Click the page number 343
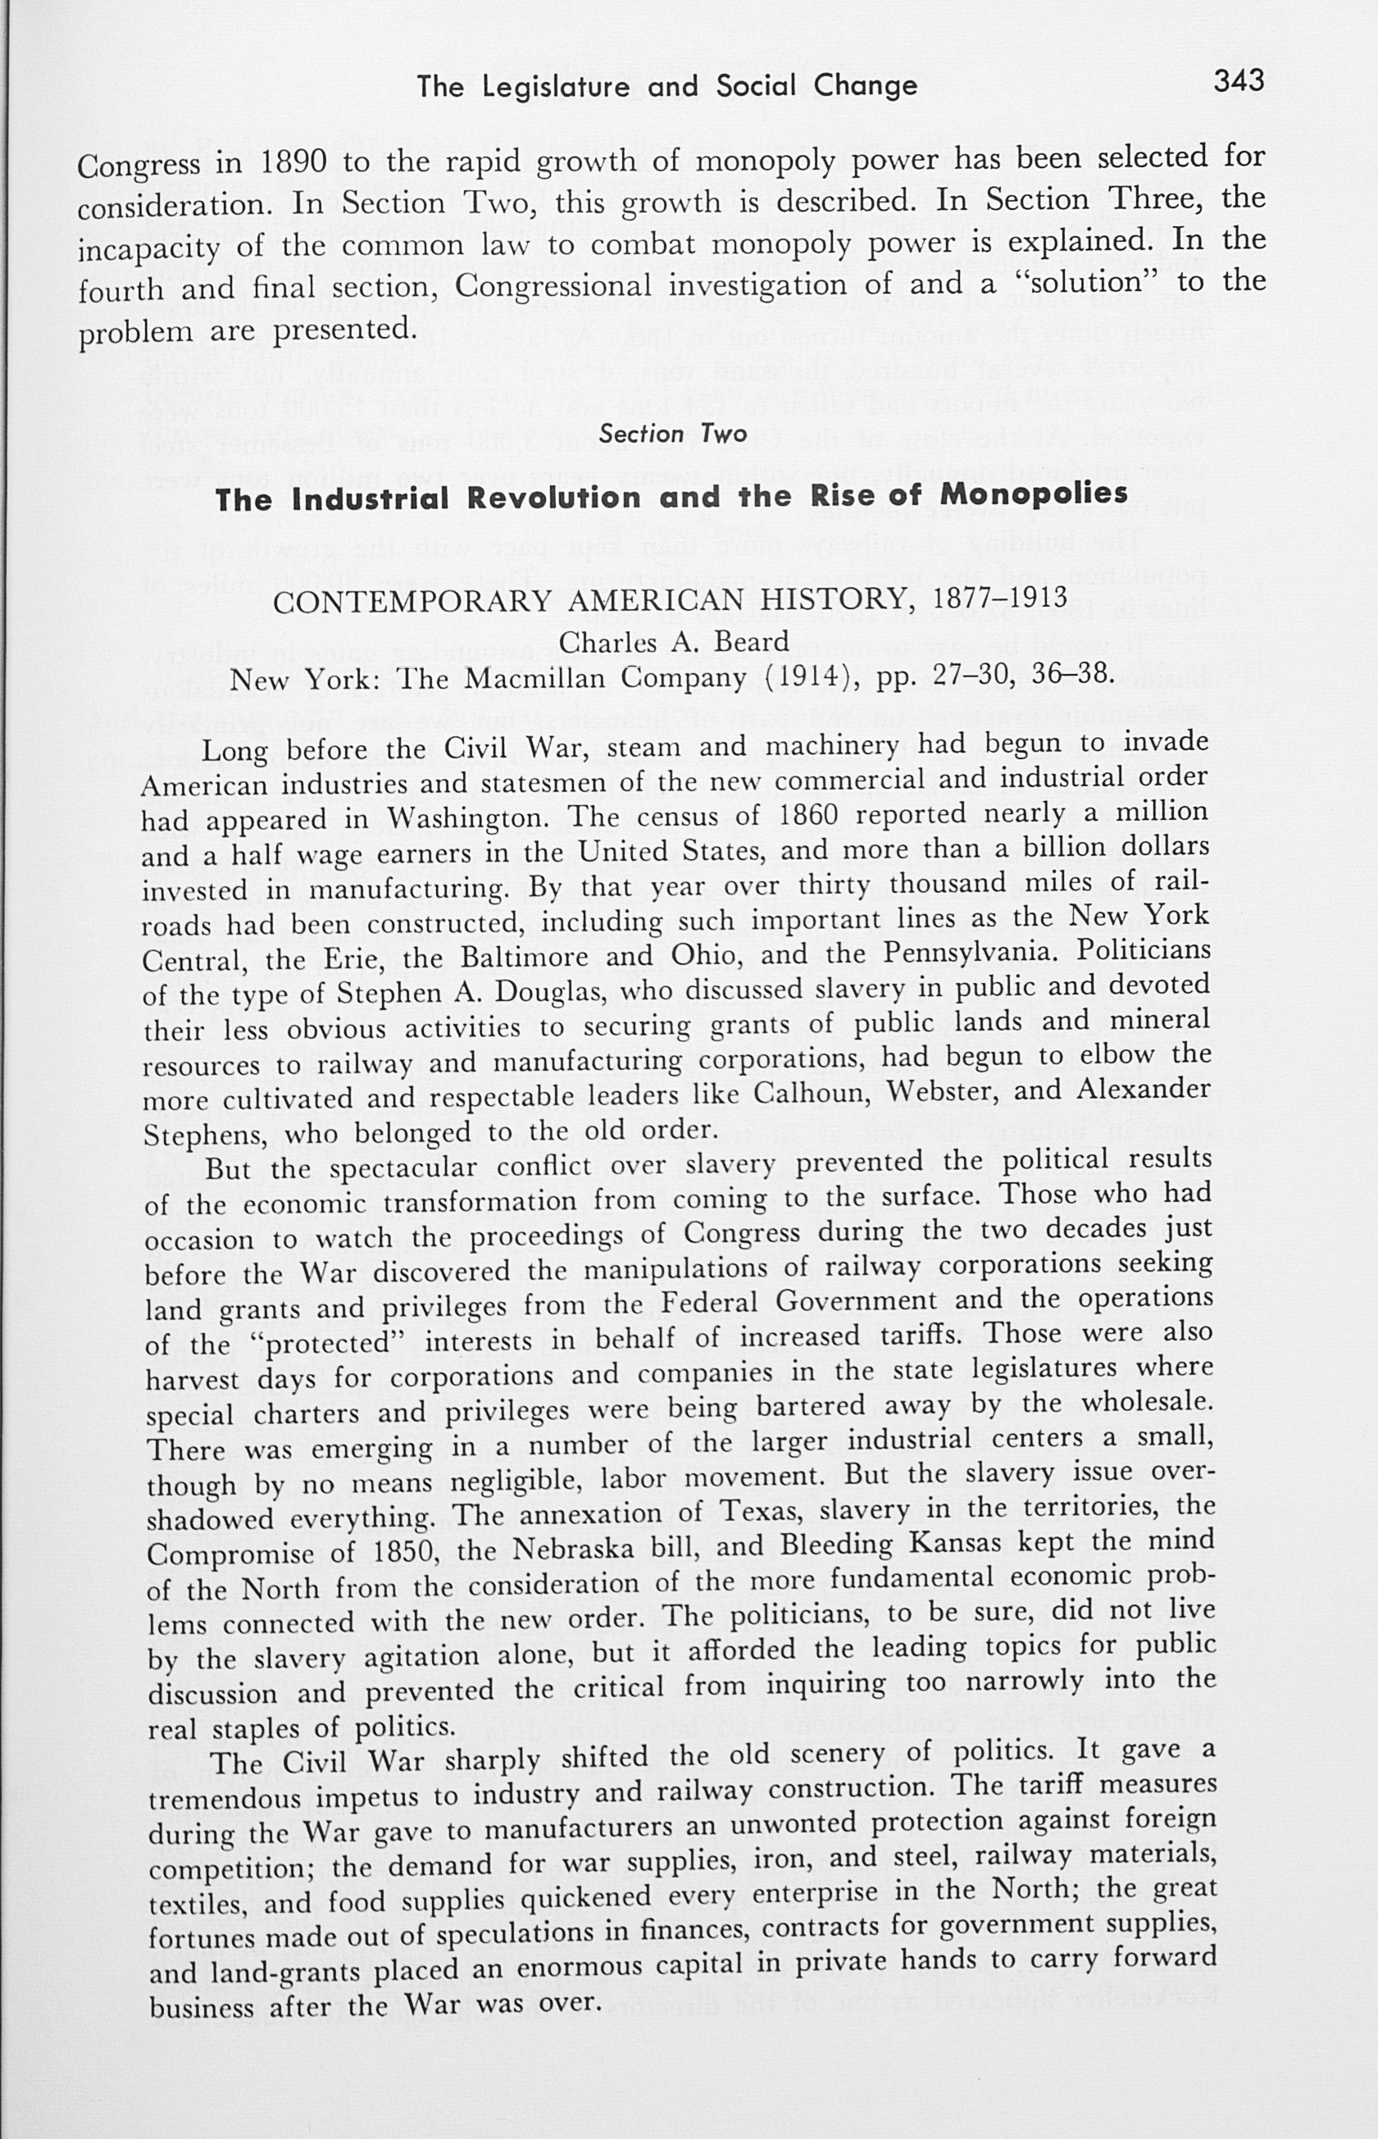click(x=1239, y=80)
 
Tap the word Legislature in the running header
click(x=559, y=87)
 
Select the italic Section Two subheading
click(x=673, y=434)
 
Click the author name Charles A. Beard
click(x=674, y=642)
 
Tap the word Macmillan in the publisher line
click(x=538, y=680)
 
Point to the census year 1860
click(x=807, y=815)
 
